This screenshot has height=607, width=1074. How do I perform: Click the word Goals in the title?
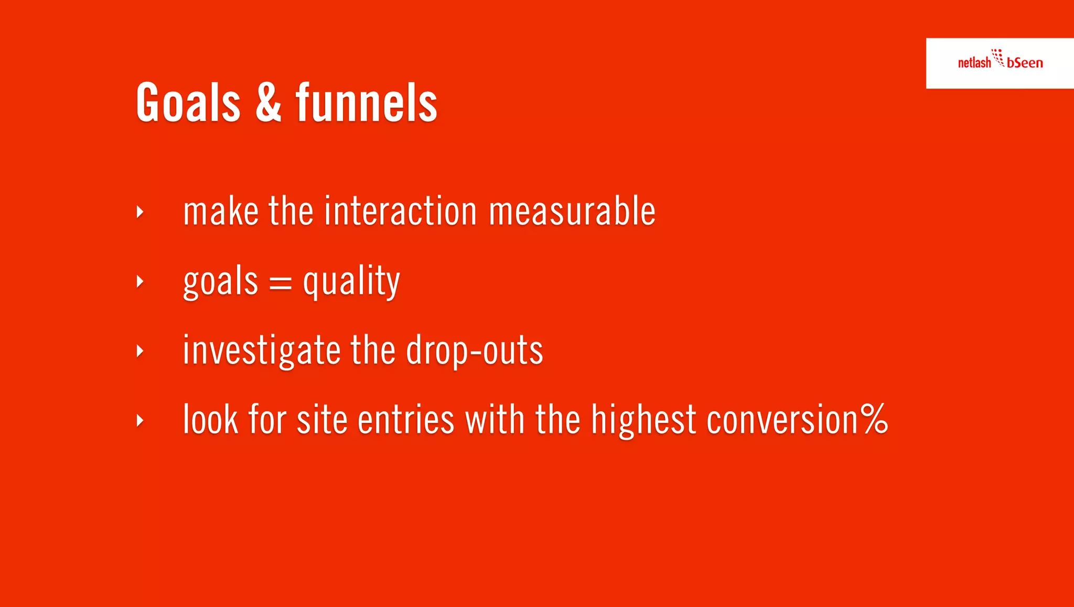[x=188, y=103]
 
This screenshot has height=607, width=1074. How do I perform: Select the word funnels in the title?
[x=366, y=103]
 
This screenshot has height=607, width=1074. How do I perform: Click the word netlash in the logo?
[x=974, y=63]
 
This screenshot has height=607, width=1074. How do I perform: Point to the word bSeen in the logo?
[x=1025, y=63]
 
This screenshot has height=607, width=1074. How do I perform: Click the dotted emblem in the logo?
[x=998, y=57]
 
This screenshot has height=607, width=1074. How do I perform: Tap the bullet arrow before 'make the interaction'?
[x=139, y=212]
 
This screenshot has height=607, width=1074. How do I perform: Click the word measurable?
[x=572, y=211]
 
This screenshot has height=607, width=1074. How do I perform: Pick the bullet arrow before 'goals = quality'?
[x=139, y=282]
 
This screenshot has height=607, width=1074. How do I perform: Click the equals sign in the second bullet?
[x=280, y=284]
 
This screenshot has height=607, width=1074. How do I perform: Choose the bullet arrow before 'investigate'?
[x=139, y=351]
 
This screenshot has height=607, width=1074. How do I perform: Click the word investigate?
[x=262, y=351]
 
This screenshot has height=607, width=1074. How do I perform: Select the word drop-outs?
[x=474, y=351]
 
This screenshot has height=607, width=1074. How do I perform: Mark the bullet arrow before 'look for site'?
[x=139, y=420]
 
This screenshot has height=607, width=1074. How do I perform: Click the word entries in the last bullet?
[x=405, y=420]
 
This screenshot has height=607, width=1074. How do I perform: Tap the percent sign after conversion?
[x=875, y=419]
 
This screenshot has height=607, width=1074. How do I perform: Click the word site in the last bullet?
[x=321, y=420]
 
